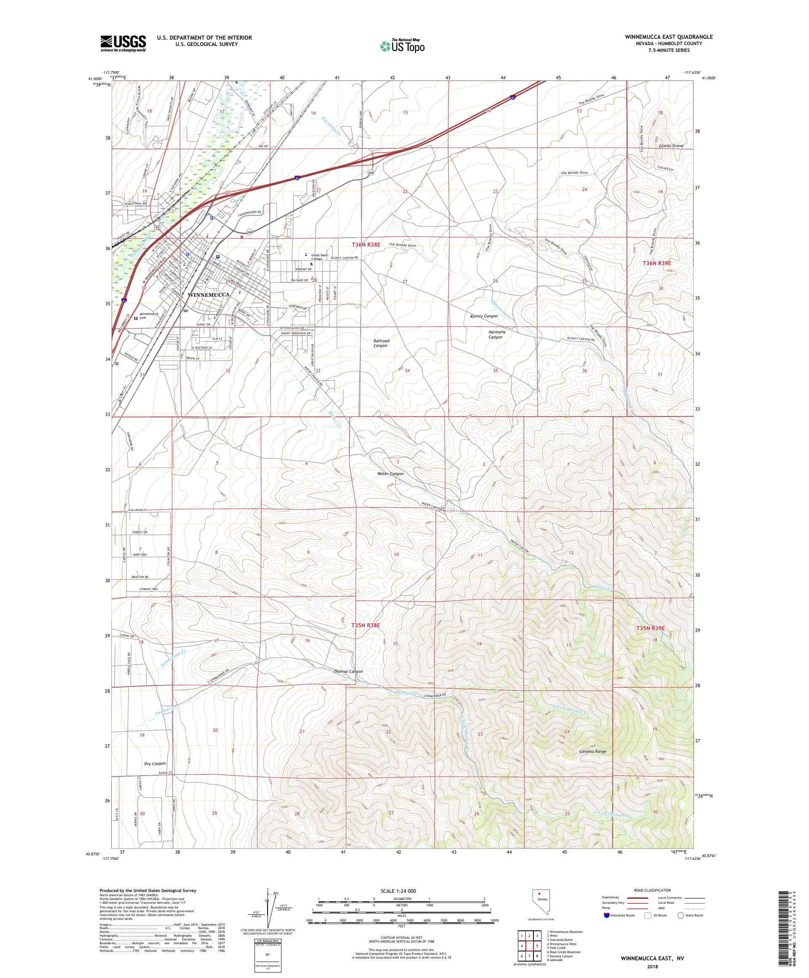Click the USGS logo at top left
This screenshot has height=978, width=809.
(123, 43)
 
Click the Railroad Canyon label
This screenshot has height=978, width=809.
(381, 343)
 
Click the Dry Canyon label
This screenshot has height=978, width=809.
(155, 763)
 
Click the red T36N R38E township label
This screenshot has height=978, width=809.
(366, 244)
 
